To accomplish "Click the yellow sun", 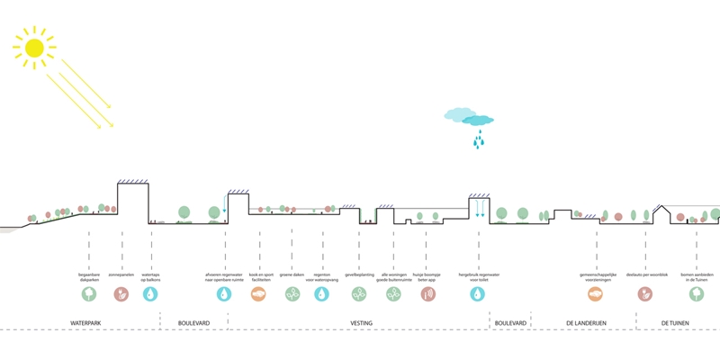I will [x=34, y=47].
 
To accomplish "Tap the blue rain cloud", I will [x=469, y=117].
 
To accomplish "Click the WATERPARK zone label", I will [x=87, y=322].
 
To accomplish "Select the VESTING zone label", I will [x=361, y=322].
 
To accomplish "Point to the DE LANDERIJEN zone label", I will [x=584, y=322].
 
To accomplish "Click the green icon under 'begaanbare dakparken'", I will [x=89, y=293].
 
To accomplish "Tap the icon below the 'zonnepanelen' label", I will [x=121, y=293].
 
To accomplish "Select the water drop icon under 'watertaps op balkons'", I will [x=151, y=293].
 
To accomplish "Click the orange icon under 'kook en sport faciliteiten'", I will [x=258, y=293].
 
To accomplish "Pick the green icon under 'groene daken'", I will [x=292, y=293].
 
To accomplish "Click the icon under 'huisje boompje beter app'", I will [x=425, y=293].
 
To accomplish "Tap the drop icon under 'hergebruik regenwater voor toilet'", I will [x=478, y=293].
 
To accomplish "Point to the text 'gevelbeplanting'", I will [x=359, y=274].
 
